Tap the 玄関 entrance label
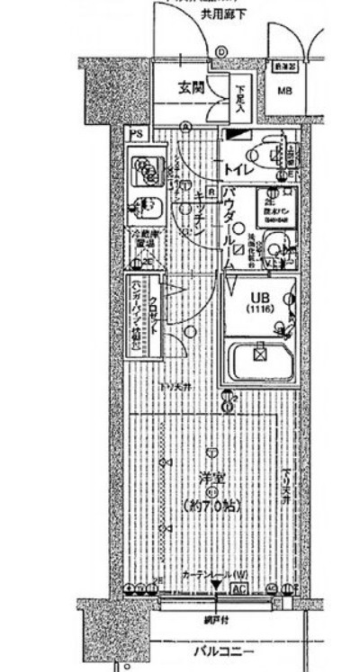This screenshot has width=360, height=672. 190,88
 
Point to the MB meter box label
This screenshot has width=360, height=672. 284,91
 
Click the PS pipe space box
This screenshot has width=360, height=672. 135,133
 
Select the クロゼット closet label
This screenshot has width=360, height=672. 154,314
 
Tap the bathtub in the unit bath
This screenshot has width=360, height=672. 260,360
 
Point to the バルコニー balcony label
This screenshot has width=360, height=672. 222,651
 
